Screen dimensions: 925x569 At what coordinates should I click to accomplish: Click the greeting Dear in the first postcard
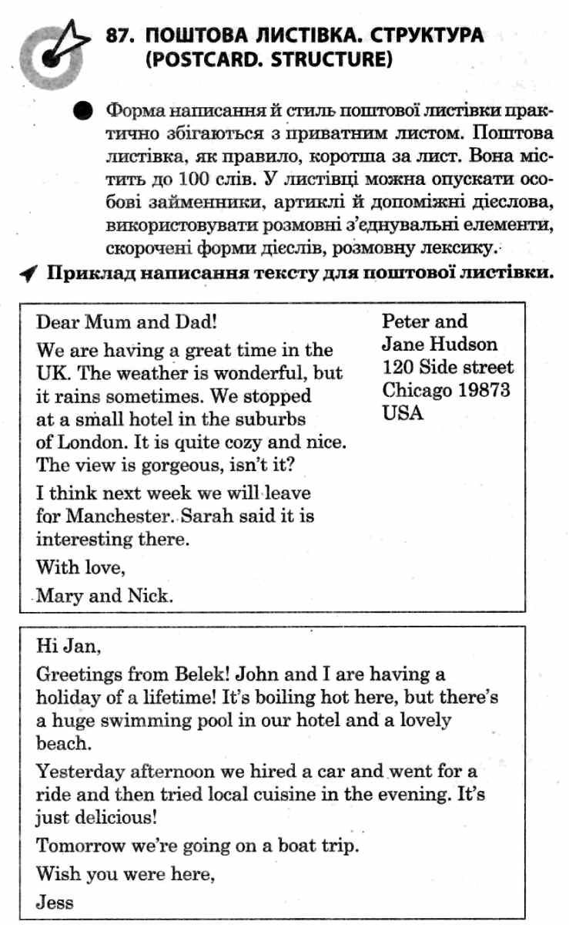pyautogui.click(x=58, y=321)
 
